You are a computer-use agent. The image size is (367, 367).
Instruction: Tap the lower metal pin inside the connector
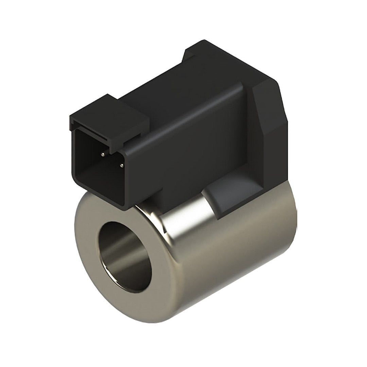coord(121,166)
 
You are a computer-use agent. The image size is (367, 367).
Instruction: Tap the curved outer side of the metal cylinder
coord(231,272)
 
